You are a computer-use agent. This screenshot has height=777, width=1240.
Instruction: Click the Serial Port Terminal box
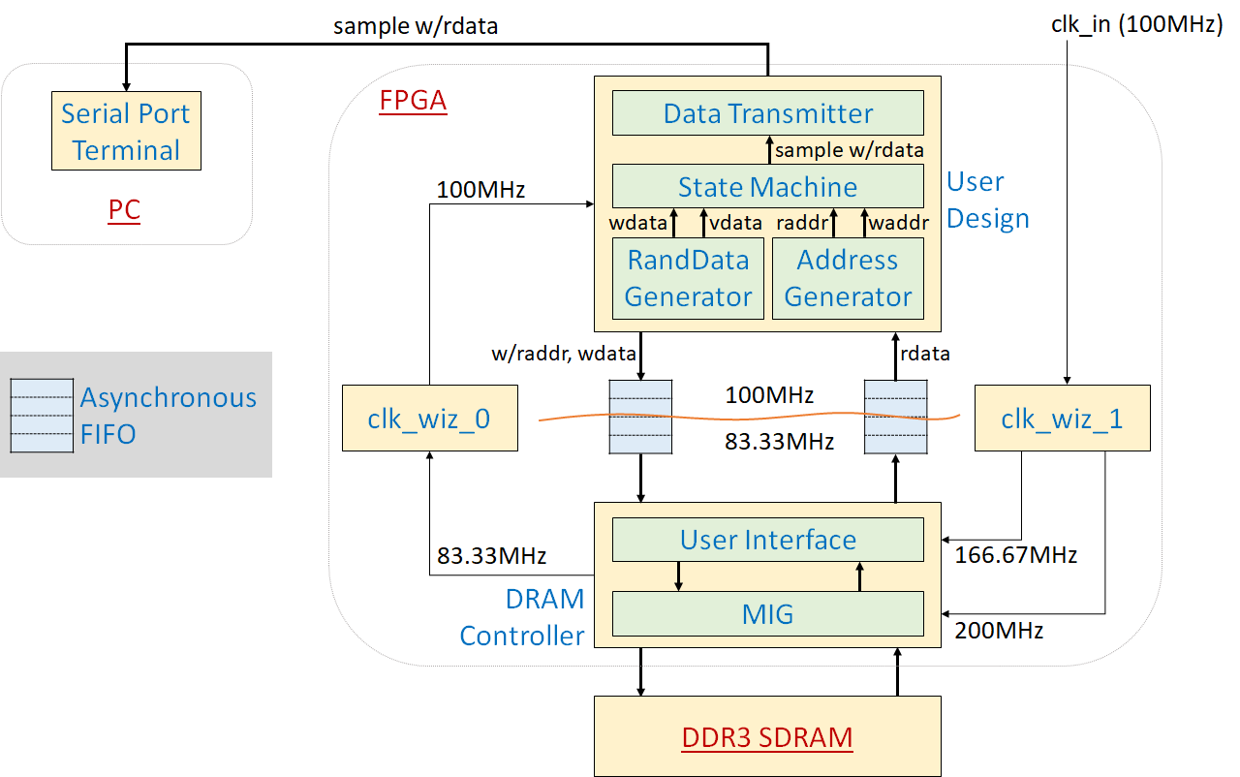point(126,132)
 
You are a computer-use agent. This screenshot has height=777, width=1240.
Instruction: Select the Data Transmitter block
point(767,113)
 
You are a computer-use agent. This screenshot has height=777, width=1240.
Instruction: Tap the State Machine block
point(767,186)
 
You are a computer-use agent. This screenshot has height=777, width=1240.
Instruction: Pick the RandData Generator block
point(688,278)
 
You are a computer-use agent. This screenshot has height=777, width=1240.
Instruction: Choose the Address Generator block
point(848,278)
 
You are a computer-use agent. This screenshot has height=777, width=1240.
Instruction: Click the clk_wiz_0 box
point(429,418)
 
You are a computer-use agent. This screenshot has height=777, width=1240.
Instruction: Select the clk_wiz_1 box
point(1062,418)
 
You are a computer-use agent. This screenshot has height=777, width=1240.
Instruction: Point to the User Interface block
point(767,540)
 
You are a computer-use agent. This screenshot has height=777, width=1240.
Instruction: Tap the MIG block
point(767,612)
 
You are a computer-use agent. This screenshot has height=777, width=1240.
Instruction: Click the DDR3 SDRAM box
point(767,736)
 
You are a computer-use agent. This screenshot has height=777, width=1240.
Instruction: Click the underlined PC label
point(123,210)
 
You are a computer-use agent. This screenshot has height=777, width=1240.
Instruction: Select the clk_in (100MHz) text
point(1136,25)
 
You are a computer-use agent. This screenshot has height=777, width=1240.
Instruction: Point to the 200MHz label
point(999,632)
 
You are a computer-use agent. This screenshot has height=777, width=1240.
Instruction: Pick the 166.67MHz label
point(1015,556)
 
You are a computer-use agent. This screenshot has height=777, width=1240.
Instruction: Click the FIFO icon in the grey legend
point(42,416)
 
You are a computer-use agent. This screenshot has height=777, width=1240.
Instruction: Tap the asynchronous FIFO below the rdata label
point(895,418)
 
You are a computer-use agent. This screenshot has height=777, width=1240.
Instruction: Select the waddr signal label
point(898,223)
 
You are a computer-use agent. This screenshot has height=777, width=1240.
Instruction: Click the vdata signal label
point(736,223)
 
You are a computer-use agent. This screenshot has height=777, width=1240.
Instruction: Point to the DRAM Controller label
point(523,617)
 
